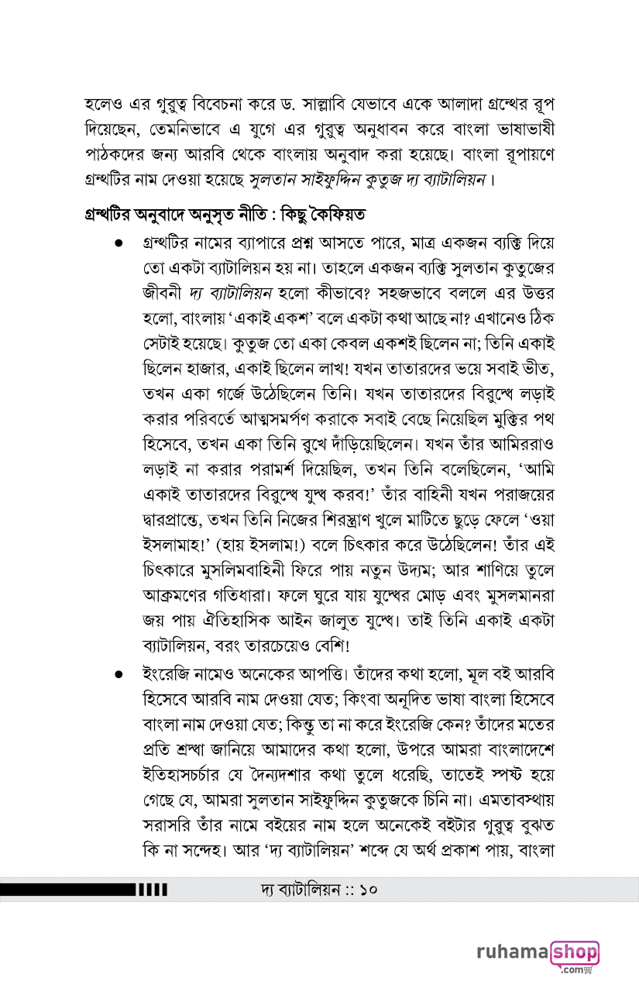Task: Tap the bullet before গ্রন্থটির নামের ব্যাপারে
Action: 119,243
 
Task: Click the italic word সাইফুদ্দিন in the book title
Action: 345,182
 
